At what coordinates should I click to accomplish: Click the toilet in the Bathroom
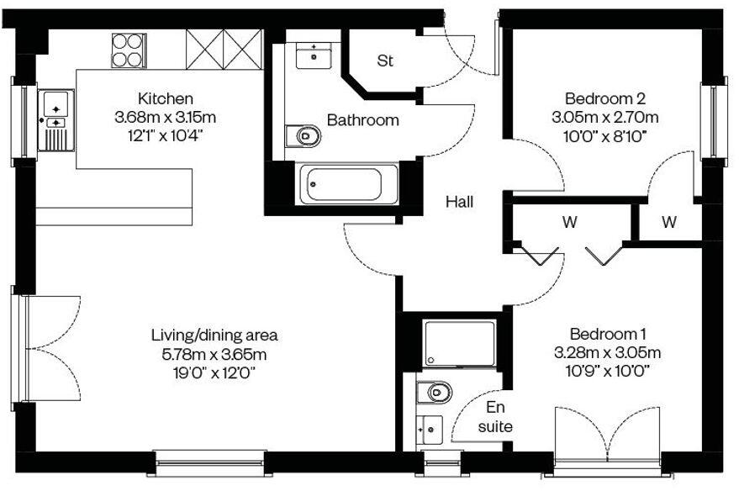tap(303, 135)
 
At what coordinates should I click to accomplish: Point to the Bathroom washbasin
tap(314, 55)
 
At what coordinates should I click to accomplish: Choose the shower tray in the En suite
tap(462, 343)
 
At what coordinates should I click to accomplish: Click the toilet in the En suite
tap(435, 391)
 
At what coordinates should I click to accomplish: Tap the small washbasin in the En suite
tap(430, 428)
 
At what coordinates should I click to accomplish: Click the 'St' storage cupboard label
tap(385, 61)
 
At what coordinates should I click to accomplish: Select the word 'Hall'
tap(459, 202)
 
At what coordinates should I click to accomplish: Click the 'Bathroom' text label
tap(362, 120)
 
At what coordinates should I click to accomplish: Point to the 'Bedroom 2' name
tap(599, 97)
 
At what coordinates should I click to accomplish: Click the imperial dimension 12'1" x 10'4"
tap(166, 135)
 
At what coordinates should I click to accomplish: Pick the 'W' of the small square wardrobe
tap(668, 223)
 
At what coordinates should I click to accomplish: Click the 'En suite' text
tap(495, 417)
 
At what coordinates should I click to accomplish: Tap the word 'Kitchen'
tap(166, 98)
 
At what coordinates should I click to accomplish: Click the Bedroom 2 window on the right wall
tap(715, 121)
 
